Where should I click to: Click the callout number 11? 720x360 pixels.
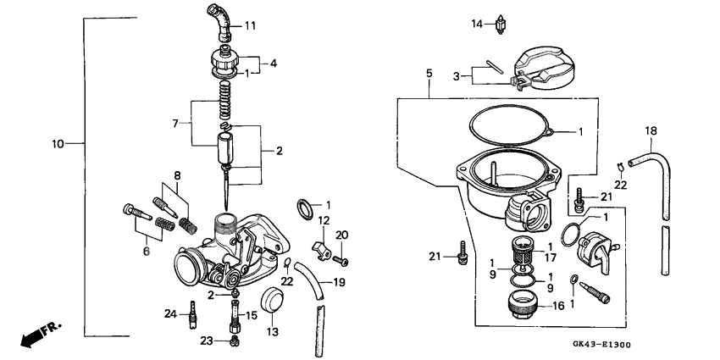250,25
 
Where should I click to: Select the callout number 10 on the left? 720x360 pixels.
58,144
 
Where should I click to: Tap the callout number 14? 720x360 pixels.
477,25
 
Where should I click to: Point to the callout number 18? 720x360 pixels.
651,130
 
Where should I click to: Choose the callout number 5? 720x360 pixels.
429,75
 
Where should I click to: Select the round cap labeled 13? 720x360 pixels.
272,300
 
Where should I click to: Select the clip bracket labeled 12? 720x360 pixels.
320,248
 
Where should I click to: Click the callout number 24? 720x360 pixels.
169,313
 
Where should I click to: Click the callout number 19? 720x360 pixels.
339,282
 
